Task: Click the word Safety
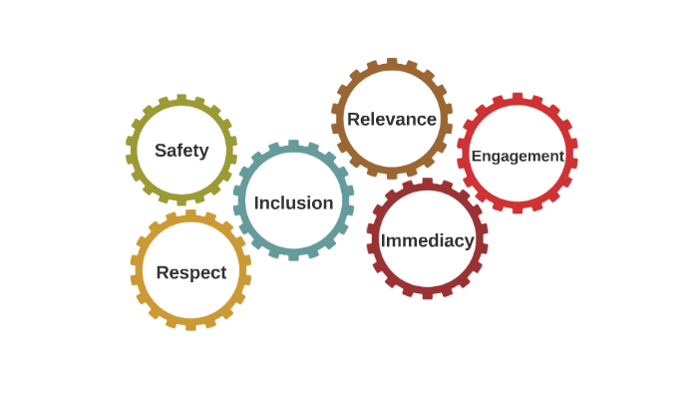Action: point(181,151)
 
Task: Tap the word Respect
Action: point(191,272)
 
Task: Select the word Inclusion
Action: point(293,202)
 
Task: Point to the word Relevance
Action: point(392,120)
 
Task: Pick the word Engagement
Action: point(518,156)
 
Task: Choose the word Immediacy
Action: point(427,240)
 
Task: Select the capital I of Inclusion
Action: point(257,202)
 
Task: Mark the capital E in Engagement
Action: point(476,156)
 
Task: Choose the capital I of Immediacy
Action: point(384,240)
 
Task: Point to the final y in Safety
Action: point(203,153)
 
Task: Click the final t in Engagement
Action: point(561,156)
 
